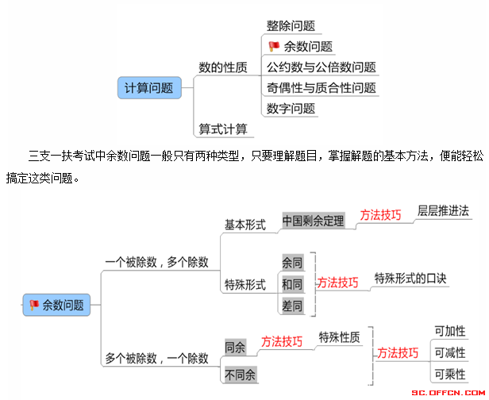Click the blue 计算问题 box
(x=149, y=88)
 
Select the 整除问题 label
(x=291, y=26)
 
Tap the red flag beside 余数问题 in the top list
(x=274, y=47)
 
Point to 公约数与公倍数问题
(x=322, y=67)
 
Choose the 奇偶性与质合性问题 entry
(x=322, y=88)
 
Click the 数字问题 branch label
(x=291, y=109)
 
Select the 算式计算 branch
(x=223, y=129)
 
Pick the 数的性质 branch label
(x=223, y=67)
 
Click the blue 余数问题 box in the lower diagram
(x=56, y=305)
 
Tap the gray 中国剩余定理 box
(x=313, y=221)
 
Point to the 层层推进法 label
(x=443, y=211)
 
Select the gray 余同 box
(x=292, y=263)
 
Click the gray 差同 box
(x=292, y=306)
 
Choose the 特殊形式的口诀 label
(x=410, y=278)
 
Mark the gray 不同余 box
(x=240, y=375)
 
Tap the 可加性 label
(x=450, y=331)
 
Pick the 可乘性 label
(x=450, y=374)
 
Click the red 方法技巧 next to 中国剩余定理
(x=380, y=215)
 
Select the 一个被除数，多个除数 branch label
(x=157, y=262)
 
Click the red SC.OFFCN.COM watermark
(x=449, y=393)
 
